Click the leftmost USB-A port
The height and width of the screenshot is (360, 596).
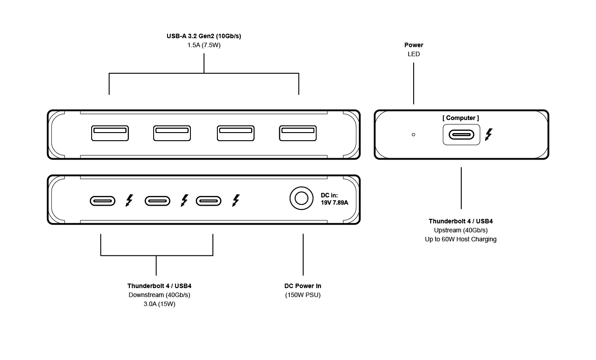pos(110,133)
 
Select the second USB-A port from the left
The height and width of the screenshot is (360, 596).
pos(172,133)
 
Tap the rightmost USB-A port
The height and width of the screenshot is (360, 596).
pos(298,133)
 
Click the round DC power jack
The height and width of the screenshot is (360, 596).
pos(301,198)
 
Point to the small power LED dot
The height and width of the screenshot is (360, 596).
pos(414,134)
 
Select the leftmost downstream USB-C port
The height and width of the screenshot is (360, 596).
pos(103,200)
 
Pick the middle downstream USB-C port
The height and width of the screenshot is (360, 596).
pos(157,200)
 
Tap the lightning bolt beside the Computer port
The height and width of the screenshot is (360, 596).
pos(489,134)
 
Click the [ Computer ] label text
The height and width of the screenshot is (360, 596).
pos(461,118)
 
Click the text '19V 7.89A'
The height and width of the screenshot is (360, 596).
pos(334,203)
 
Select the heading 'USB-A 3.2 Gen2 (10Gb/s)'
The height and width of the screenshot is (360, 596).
pos(204,36)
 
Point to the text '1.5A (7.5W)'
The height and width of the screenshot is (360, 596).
pos(204,45)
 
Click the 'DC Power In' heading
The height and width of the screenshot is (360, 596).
pos(303,286)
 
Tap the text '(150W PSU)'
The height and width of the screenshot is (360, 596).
pos(303,295)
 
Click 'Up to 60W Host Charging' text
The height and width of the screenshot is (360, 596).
pos(461,239)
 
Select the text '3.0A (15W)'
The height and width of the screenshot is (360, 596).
pos(159,304)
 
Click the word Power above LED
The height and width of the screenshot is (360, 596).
pos(414,45)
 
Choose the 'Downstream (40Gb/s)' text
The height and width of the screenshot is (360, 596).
pos(159,295)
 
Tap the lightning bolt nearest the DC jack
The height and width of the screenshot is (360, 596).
pos(236,200)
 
